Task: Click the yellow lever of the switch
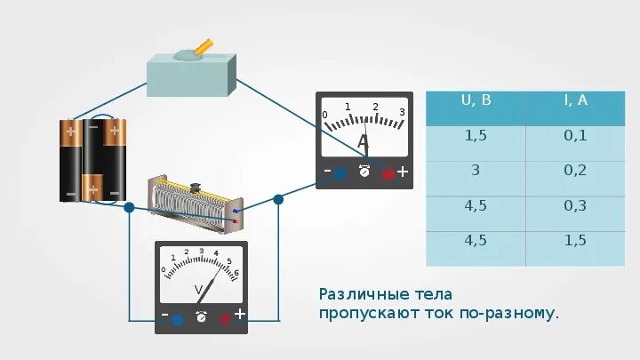(204, 45)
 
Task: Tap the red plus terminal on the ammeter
(388, 173)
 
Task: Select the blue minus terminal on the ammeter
(340, 173)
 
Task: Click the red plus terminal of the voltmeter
(226, 317)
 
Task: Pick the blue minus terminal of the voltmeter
(178, 317)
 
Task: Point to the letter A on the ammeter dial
(363, 143)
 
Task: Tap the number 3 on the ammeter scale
(402, 112)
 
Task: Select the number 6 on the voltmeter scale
(236, 273)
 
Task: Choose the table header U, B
(476, 100)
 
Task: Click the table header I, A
(575, 100)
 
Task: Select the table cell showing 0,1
(575, 135)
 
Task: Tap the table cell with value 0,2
(575, 171)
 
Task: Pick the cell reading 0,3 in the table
(575, 206)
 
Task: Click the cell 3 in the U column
(476, 171)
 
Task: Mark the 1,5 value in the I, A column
(575, 241)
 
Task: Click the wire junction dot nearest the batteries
(129, 207)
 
